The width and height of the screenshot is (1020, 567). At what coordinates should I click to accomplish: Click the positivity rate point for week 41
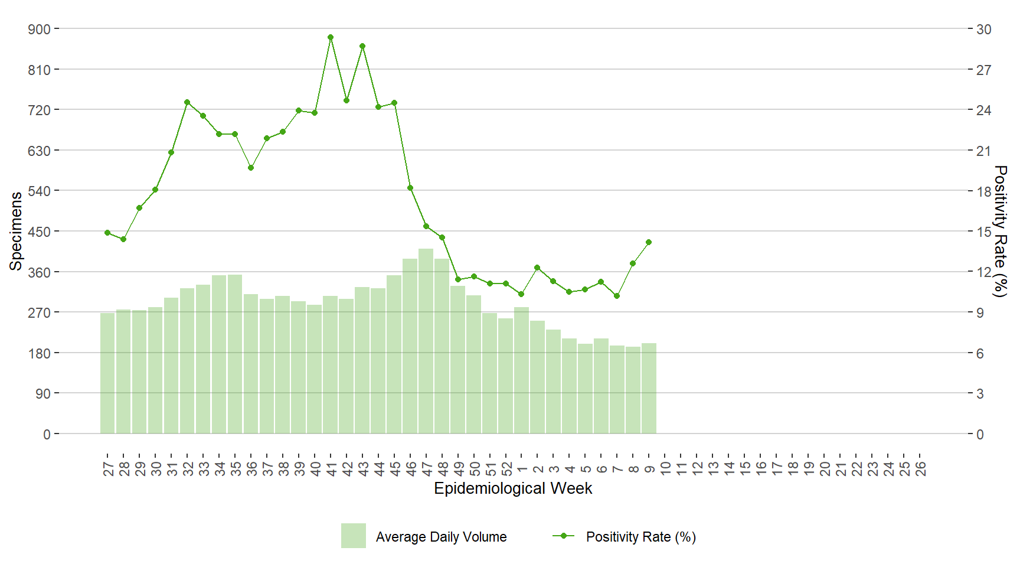331,37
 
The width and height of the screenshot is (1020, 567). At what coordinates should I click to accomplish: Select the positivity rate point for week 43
362,46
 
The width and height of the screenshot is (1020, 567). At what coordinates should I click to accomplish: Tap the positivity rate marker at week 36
251,168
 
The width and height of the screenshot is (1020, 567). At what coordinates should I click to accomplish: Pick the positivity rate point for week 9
649,242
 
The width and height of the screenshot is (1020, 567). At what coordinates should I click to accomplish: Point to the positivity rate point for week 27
107,233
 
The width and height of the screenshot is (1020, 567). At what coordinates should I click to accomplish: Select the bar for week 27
107,373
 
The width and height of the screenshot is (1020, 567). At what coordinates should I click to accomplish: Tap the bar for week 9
649,389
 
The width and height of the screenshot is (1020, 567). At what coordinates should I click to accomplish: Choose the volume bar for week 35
235,354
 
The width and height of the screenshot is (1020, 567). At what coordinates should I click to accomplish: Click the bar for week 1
521,370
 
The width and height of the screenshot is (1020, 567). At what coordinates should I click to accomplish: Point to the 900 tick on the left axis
40,29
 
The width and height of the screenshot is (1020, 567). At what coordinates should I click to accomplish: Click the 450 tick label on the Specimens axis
40,232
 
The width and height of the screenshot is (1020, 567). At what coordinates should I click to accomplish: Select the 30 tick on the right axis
983,29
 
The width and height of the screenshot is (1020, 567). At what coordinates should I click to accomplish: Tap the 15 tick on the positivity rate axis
983,232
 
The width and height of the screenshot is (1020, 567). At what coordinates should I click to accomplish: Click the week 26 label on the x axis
920,469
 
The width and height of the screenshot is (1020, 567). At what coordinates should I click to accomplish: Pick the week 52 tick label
506,469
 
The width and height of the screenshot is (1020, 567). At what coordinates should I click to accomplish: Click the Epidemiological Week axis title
513,488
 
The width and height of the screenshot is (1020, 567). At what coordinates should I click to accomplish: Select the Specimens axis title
16,231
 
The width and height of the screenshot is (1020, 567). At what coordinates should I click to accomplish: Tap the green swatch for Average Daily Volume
353,536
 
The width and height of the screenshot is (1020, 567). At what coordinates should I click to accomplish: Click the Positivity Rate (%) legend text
640,537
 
